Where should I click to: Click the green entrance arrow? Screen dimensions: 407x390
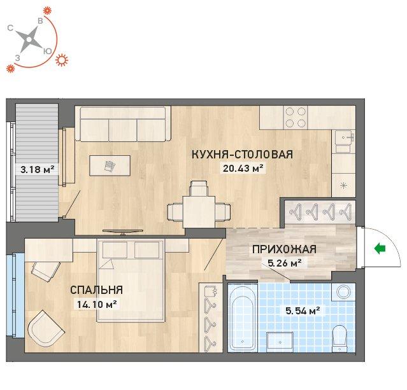(380, 249)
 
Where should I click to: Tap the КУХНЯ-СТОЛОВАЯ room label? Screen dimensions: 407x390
(242, 155)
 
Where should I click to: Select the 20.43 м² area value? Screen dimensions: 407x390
(243, 169)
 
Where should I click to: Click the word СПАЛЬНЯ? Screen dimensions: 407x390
(97, 290)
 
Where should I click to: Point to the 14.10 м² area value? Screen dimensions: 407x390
(97, 304)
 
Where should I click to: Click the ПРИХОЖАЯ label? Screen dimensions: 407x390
(285, 249)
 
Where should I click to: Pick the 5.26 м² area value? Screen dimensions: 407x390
(285, 263)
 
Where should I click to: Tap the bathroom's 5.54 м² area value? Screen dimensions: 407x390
(303, 310)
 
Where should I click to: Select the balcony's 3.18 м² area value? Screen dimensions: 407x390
(38, 170)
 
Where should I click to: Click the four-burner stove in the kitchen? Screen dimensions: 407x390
(296, 117)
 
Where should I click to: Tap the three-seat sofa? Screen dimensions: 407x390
(123, 123)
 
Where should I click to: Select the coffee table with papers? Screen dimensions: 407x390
(110, 165)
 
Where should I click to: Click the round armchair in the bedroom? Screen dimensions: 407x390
(46, 329)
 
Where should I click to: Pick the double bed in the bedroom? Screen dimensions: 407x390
(131, 281)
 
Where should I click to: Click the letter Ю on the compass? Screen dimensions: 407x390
(48, 52)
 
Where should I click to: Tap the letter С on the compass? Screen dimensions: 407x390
(10, 28)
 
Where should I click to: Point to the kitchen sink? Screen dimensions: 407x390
(344, 137)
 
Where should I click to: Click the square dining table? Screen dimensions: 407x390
(199, 212)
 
